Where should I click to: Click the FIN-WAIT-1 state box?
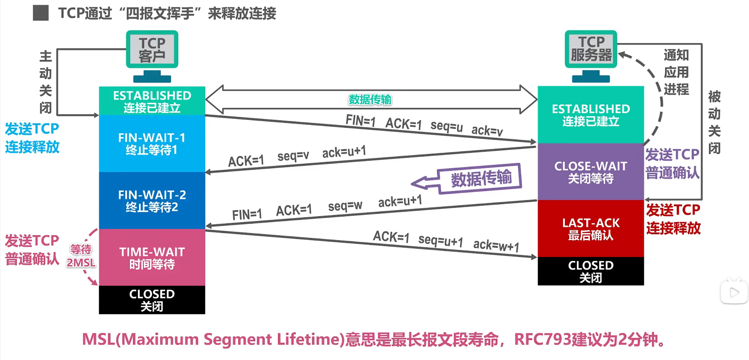(152, 143)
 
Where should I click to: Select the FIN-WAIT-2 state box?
(152, 201)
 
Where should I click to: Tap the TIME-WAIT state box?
(152, 258)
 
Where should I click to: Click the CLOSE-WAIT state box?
(590, 172)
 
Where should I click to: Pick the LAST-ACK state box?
(590, 229)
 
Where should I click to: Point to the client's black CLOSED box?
(152, 300)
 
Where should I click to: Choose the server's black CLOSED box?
(590, 271)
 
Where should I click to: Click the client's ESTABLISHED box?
(152, 101)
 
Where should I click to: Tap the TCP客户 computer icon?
(152, 56)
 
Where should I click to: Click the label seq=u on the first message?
(447, 126)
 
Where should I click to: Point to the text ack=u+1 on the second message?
(344, 152)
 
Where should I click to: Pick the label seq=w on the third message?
(345, 206)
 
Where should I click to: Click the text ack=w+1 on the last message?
(496, 245)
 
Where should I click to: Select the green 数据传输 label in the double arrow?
(370, 99)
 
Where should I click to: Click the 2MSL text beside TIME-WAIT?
(81, 263)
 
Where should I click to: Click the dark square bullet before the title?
(41, 13)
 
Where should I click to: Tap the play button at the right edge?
(734, 293)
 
